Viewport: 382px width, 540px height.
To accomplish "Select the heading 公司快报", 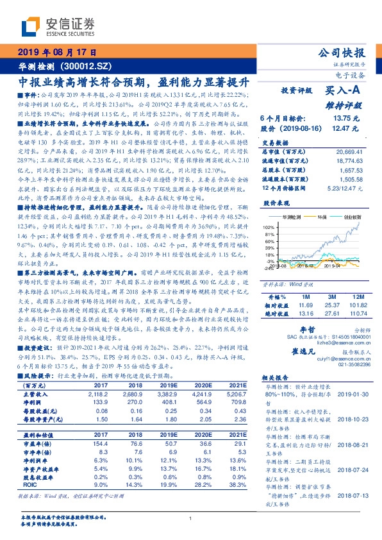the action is pyautogui.click(x=344, y=53).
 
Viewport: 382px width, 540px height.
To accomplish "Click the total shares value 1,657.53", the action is pyautogui.click(x=350, y=171).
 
